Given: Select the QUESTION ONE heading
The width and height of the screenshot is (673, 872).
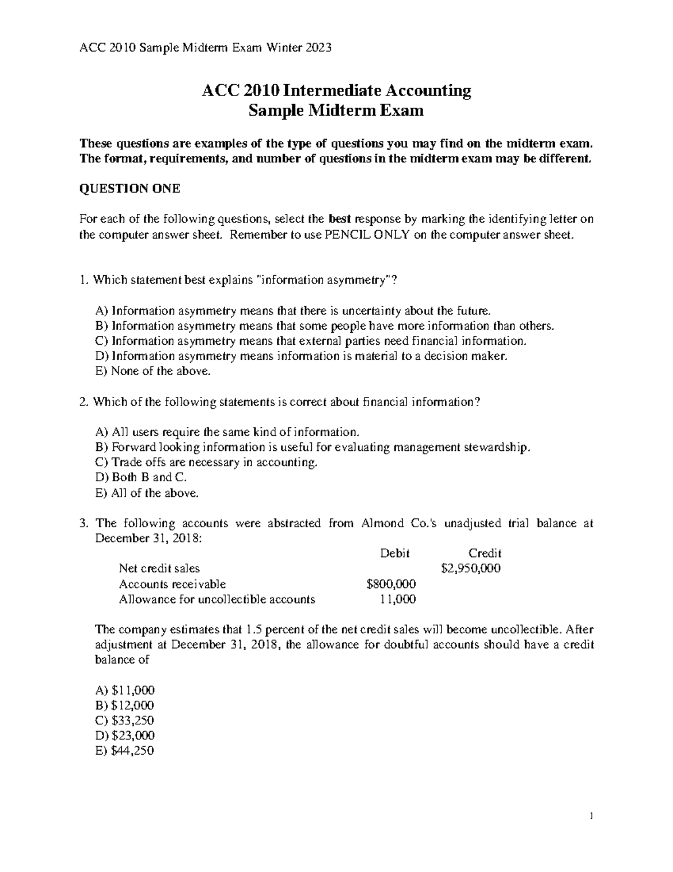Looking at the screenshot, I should click(x=130, y=189).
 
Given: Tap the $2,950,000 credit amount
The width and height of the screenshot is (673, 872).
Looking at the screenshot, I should click(x=471, y=568).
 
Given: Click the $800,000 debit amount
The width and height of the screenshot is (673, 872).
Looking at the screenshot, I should click(x=391, y=584).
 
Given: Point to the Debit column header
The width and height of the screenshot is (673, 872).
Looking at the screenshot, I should click(x=395, y=553).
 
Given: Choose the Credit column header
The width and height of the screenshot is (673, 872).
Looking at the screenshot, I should click(x=485, y=553).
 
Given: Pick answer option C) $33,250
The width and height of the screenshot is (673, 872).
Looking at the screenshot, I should click(x=125, y=720).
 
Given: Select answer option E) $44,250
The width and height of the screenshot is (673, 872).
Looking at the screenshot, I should click(x=125, y=751).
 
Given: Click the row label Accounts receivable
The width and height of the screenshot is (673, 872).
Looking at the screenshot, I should click(x=172, y=584).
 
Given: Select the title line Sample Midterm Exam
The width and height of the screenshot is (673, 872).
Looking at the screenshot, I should click(x=336, y=111).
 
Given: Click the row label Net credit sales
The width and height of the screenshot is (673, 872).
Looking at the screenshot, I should click(x=159, y=568).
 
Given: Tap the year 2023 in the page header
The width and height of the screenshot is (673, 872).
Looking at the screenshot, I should click(x=319, y=48).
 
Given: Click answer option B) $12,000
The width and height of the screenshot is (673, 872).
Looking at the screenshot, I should click(x=125, y=705).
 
